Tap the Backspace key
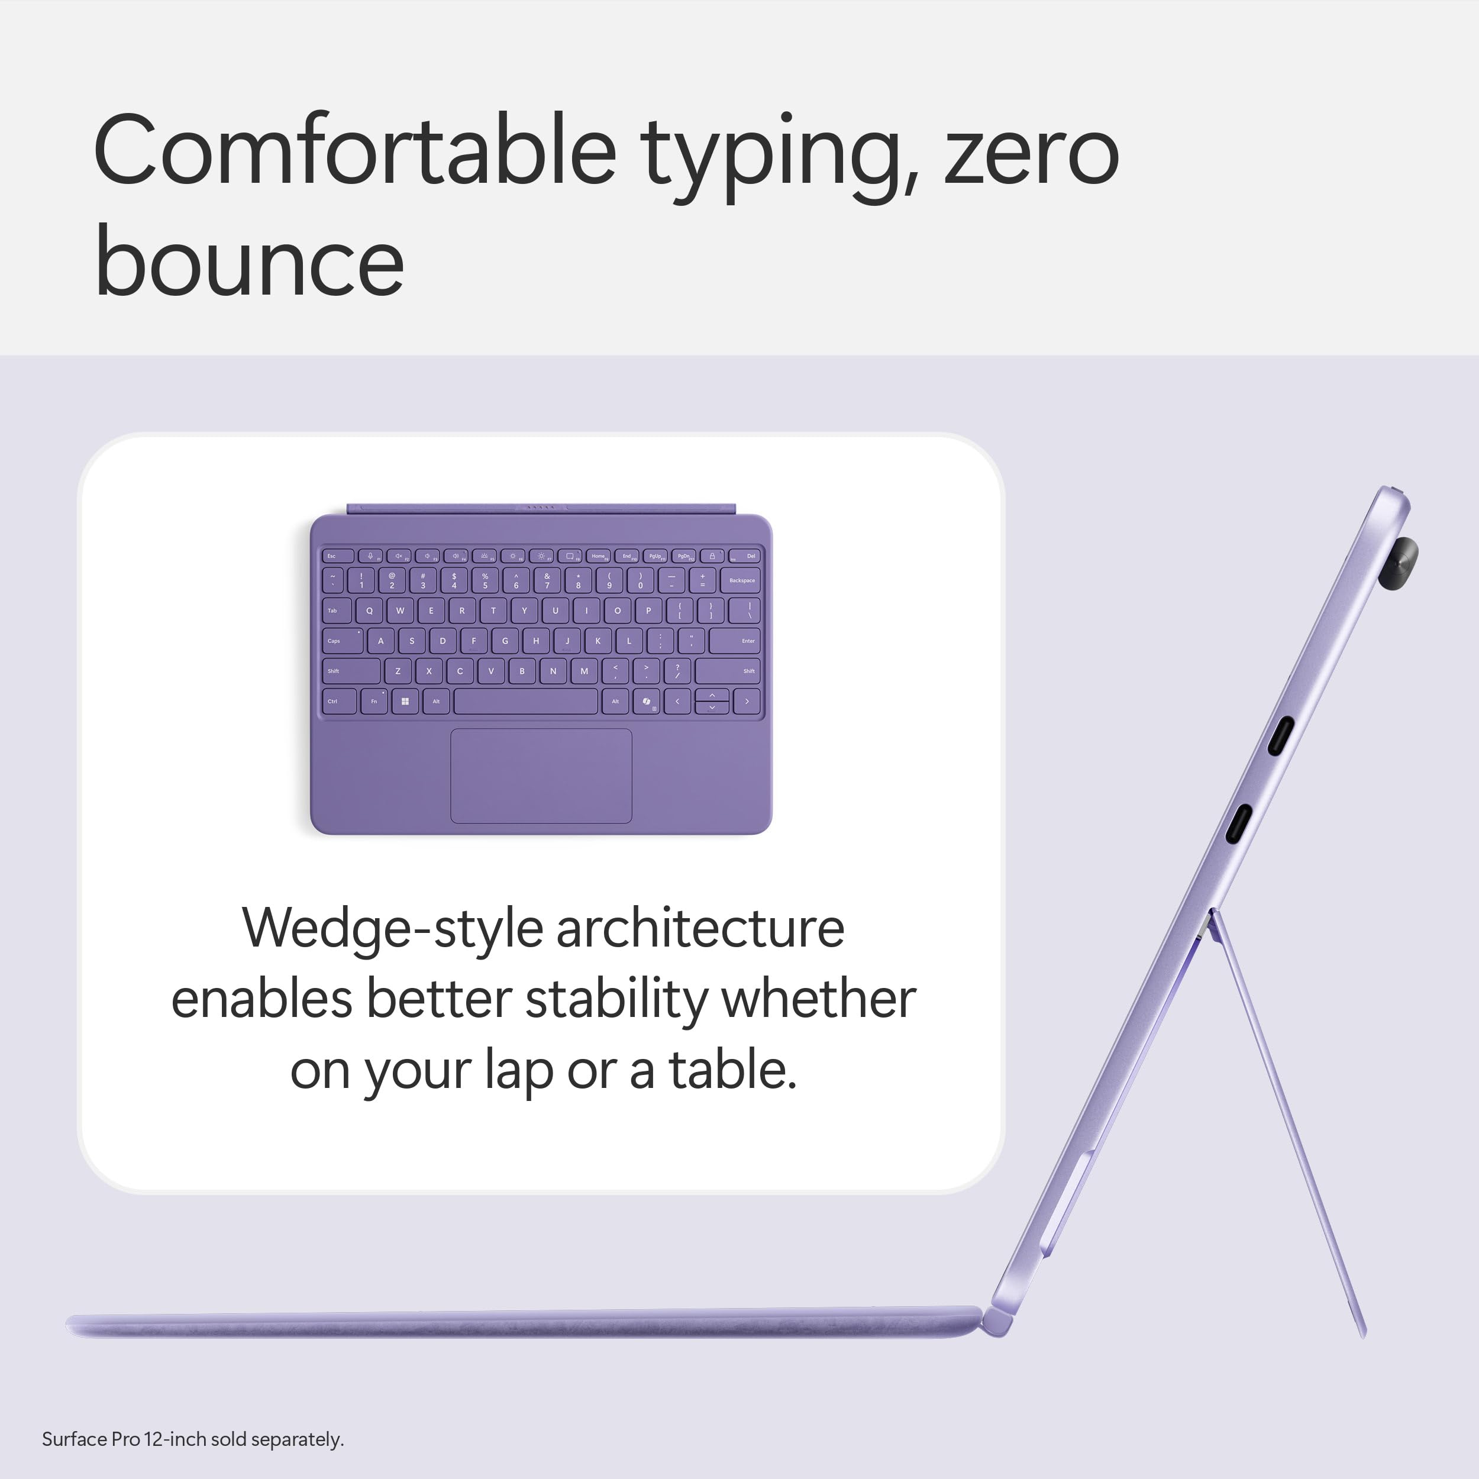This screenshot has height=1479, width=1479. pos(740,580)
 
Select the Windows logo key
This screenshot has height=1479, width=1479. pos(404,701)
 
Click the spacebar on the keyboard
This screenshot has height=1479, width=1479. pos(525,701)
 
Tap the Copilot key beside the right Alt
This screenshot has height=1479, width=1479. pos(647,701)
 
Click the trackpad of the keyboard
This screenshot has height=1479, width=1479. pos(541,776)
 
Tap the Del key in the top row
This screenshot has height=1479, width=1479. pos(744,556)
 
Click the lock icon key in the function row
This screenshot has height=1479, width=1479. pos(712,556)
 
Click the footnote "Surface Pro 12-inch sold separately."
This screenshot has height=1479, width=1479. pos(193,1439)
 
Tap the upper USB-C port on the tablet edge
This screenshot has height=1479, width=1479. pos(1280,736)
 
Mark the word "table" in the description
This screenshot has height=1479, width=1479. pos(727,1070)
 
